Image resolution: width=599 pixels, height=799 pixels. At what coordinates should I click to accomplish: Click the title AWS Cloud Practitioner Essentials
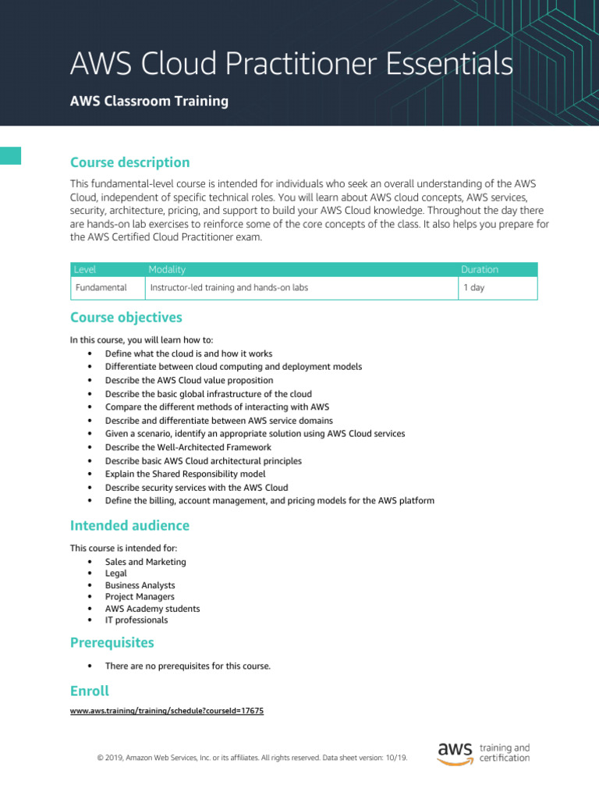click(291, 64)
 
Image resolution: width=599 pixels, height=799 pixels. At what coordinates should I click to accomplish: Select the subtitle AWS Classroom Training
click(149, 101)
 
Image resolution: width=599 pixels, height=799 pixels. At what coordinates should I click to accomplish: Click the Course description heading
click(129, 162)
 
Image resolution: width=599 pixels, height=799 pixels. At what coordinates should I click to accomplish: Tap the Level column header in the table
click(85, 269)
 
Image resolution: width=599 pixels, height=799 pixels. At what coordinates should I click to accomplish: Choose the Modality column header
click(167, 269)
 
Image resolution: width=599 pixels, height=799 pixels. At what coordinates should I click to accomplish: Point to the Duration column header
click(479, 269)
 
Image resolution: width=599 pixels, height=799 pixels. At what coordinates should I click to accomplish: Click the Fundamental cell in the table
click(101, 288)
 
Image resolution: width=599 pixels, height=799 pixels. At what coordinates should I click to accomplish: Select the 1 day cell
click(473, 288)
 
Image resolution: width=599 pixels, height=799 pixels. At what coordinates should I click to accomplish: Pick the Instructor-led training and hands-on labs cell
click(229, 288)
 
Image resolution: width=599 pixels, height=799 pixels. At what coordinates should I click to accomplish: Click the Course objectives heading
click(126, 318)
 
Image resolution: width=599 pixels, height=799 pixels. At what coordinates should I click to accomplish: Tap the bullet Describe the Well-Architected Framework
click(188, 447)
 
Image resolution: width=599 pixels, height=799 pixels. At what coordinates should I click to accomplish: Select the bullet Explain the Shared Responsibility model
click(186, 474)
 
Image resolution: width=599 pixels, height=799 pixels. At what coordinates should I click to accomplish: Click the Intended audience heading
click(129, 525)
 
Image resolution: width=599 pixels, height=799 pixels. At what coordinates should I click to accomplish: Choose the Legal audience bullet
click(116, 574)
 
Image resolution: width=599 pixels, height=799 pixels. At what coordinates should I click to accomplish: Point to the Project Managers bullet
click(140, 597)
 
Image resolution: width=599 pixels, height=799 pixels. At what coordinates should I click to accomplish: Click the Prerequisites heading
click(112, 643)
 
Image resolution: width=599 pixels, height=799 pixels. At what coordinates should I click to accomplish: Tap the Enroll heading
click(90, 691)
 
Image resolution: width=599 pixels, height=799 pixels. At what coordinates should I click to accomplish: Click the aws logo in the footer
click(455, 752)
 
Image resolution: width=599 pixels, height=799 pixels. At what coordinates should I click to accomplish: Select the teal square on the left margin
click(10, 155)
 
